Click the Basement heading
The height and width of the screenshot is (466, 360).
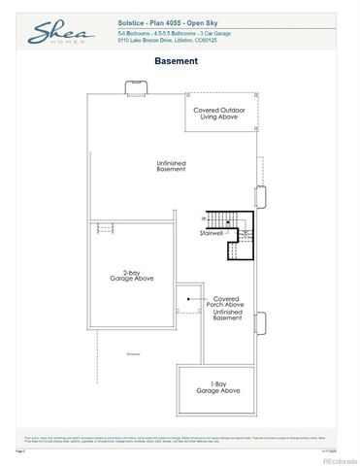click(177, 60)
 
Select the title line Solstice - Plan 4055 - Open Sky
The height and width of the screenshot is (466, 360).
click(160, 19)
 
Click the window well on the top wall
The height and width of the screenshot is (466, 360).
click(134, 88)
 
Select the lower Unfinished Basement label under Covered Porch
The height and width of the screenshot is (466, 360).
click(226, 316)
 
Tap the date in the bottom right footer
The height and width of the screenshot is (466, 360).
click(344, 449)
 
